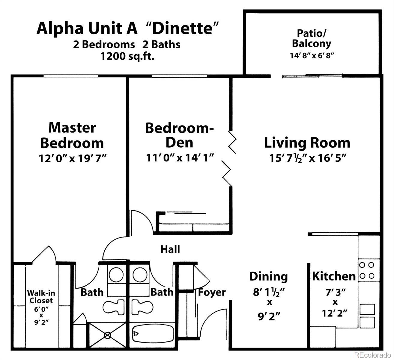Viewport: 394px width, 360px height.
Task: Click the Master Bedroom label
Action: [72, 135]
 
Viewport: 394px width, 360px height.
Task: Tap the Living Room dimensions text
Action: [307, 158]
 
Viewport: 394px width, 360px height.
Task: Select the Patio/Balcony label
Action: [311, 38]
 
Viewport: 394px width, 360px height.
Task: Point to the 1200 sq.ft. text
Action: [127, 56]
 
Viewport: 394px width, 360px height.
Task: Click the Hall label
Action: [170, 249]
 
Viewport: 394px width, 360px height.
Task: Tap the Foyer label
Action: [212, 292]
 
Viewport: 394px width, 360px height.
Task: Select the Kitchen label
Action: [334, 276]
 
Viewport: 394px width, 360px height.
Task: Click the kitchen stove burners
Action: [367, 270]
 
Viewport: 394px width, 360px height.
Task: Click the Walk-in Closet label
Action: [41, 296]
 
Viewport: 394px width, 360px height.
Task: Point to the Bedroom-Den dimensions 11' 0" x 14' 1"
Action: [180, 157]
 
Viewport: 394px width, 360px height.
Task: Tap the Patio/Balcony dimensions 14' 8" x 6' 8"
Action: [312, 55]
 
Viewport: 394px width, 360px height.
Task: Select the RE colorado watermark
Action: [373, 355]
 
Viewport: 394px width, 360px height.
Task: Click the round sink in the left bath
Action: [116, 274]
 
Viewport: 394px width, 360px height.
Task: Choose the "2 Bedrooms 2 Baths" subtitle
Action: [127, 44]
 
